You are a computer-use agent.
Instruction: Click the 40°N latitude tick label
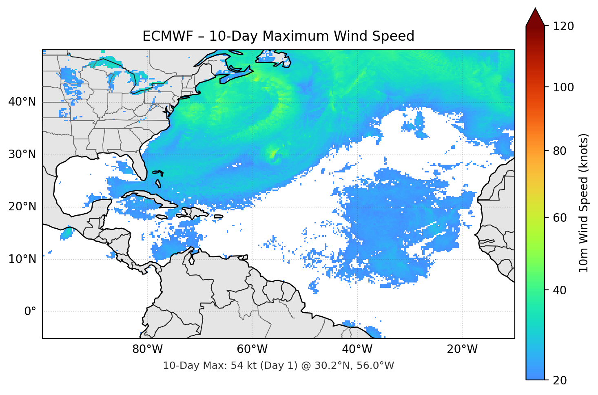coord(22,102)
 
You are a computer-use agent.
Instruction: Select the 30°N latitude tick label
coord(22,154)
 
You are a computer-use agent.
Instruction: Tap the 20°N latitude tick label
coord(22,207)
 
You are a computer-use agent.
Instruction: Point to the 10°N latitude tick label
coord(22,259)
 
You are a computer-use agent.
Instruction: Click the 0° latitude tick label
coord(30,312)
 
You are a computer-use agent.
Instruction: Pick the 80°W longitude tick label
coord(147,349)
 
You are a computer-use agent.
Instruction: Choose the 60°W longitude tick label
coord(252,349)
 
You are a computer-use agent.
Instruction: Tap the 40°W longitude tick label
coord(357,349)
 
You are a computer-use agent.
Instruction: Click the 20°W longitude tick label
coord(462,349)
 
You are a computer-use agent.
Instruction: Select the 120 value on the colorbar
coord(563,26)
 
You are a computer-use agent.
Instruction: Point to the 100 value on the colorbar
coord(563,87)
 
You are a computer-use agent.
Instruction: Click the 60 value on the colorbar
coord(560,218)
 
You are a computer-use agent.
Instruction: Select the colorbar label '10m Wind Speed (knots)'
coord(584,203)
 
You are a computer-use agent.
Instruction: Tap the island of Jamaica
coord(162,217)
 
